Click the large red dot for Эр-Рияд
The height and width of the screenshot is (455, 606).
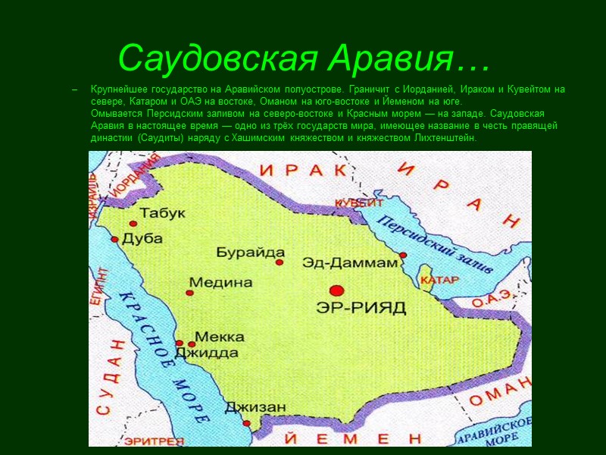point(336,290)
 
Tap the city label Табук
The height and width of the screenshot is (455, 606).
point(162,214)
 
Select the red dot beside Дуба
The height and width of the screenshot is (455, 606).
point(115,239)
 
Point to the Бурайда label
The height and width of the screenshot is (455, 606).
point(250,253)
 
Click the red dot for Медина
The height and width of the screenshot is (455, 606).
point(189,292)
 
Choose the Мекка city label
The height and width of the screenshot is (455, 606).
point(220,337)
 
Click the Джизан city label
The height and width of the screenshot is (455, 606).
point(255,407)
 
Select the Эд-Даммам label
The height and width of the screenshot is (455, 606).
point(350,263)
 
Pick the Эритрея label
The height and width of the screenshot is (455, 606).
point(155,441)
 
